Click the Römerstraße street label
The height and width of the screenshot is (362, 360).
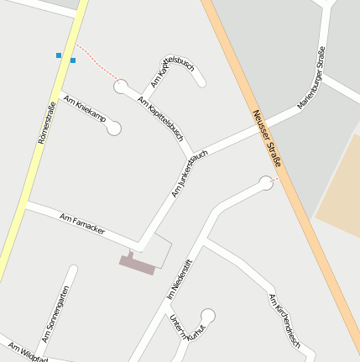click(47, 122)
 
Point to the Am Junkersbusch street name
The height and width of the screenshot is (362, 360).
click(189, 174)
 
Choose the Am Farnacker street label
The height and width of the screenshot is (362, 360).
click(82, 223)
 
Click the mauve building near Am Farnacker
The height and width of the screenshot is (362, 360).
click(137, 264)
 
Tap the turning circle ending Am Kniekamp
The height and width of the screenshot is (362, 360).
click(114, 129)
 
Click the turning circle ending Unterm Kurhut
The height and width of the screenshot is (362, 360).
click(208, 316)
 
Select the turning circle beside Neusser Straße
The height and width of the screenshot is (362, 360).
click(267, 182)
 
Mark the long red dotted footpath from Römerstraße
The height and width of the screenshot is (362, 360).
click(97, 62)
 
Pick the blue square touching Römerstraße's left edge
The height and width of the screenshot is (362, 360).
click(59, 55)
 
